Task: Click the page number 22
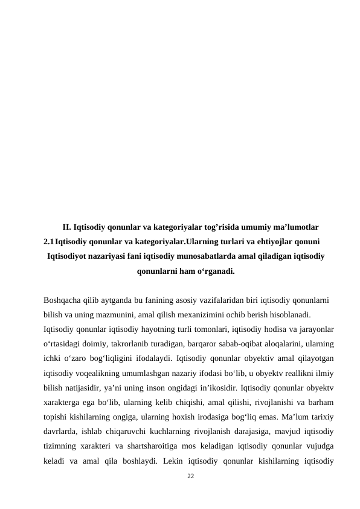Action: (191, 477)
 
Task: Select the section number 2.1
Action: (49, 242)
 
